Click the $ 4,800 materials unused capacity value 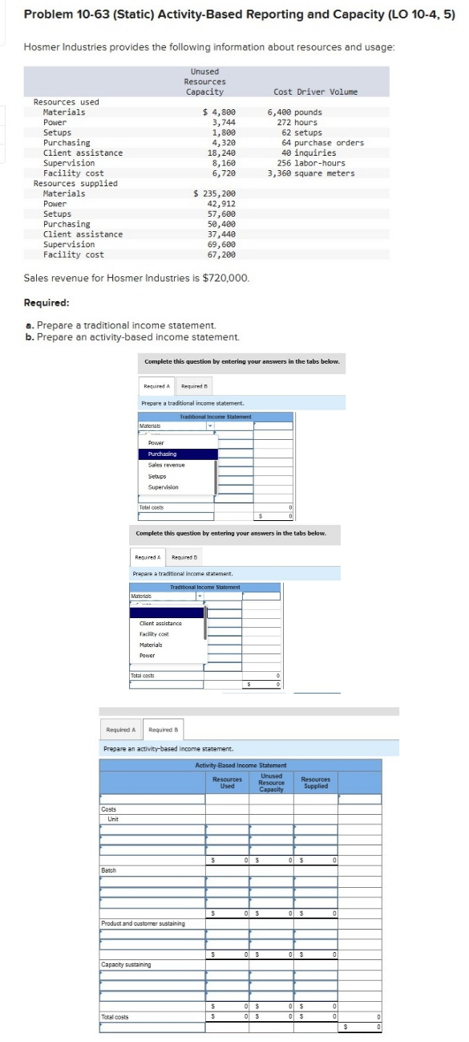pyautogui.click(x=220, y=112)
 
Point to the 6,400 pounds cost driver pyautogui.click(x=294, y=112)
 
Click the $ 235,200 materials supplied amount pyautogui.click(x=216, y=193)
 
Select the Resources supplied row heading pyautogui.click(x=75, y=184)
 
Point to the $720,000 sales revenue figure pyautogui.click(x=230, y=278)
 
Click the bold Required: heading pyautogui.click(x=46, y=303)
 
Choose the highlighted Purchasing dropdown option pyautogui.click(x=163, y=454)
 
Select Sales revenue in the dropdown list pyautogui.click(x=166, y=465)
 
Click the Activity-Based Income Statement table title pyautogui.click(x=241, y=765)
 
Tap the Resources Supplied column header pyautogui.click(x=315, y=783)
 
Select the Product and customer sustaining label pyautogui.click(x=143, y=923)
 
